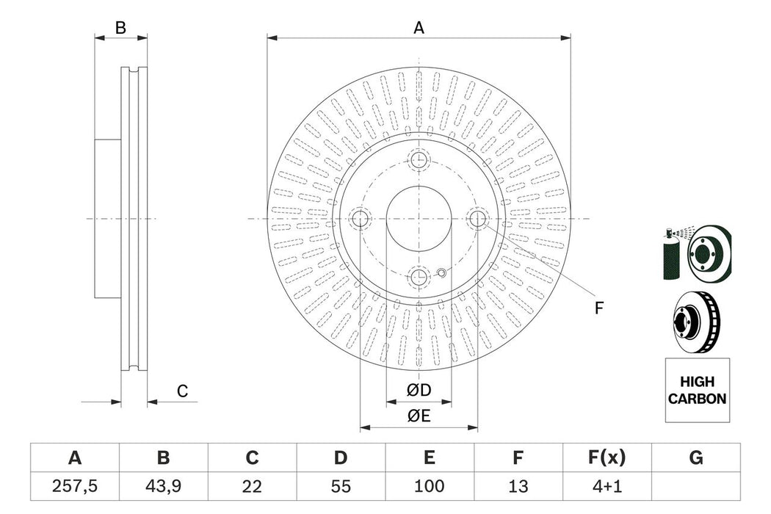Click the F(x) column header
pyautogui.click(x=607, y=458)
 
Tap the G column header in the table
pyautogui.click(x=695, y=458)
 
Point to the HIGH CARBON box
pyautogui.click(x=698, y=391)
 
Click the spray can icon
pyautogui.click(x=670, y=254)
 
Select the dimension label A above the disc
pyautogui.click(x=419, y=28)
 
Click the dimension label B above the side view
pyautogui.click(x=121, y=28)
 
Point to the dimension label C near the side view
pyautogui.click(x=183, y=392)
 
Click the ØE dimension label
pyautogui.click(x=419, y=416)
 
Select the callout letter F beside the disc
pyautogui.click(x=598, y=308)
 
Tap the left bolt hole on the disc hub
pyautogui.click(x=360, y=218)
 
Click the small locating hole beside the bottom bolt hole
pyautogui.click(x=441, y=274)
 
